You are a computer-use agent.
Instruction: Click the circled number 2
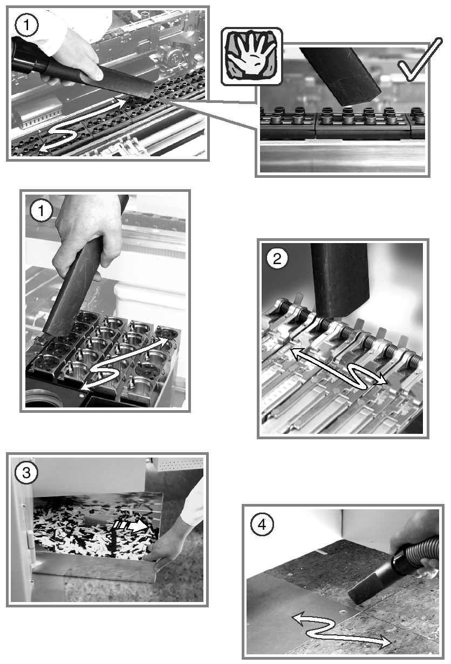(x=277, y=259)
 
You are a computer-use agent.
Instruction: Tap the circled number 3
(x=26, y=472)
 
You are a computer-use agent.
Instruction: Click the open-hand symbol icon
(x=251, y=56)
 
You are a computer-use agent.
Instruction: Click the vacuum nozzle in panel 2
(x=339, y=280)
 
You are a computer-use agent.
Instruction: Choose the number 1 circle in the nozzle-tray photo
(x=41, y=211)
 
